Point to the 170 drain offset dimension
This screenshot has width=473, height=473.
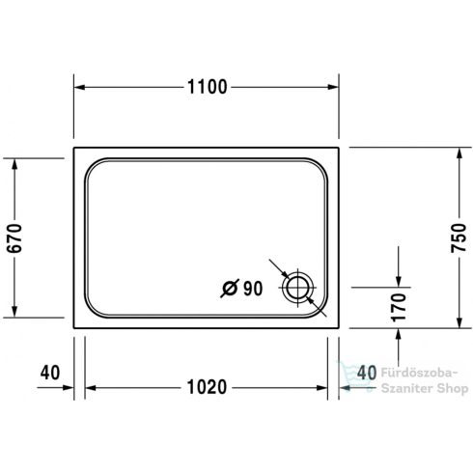pos(399,307)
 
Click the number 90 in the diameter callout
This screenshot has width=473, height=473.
pos(254,287)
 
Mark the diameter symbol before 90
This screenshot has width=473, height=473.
pos(230,287)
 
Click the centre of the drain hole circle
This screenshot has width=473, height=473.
pos(296,287)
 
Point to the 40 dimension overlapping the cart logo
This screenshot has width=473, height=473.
pos(366,372)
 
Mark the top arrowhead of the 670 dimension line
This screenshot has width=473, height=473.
pos(14,164)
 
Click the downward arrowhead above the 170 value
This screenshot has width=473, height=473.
pos(399,281)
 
